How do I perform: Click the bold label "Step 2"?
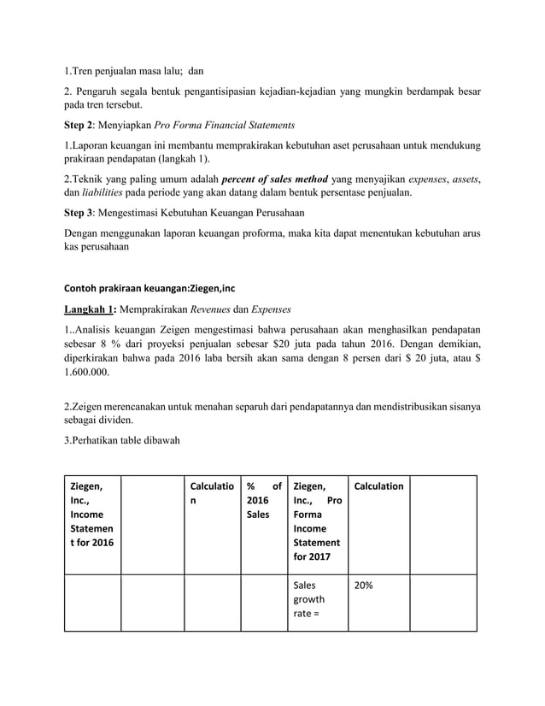[x=84, y=125]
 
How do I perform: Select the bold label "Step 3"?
[x=84, y=213]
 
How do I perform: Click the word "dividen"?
[x=113, y=421]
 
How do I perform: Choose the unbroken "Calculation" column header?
[x=378, y=486]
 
